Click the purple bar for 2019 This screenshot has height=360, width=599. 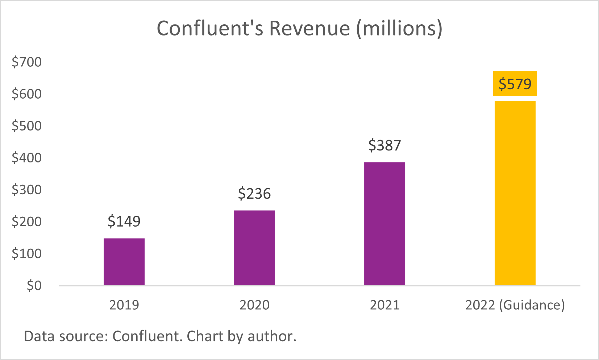pyautogui.click(x=124, y=262)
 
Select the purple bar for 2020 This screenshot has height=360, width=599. pyautogui.click(x=254, y=248)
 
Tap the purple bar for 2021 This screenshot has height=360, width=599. pyautogui.click(x=384, y=224)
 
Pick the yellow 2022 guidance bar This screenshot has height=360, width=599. pyautogui.click(x=515, y=193)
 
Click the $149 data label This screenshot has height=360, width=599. pyautogui.click(x=124, y=221)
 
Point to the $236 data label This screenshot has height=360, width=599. pyautogui.click(x=254, y=194)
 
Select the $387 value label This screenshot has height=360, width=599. pyautogui.click(x=384, y=145)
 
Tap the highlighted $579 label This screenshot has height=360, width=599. pyautogui.click(x=515, y=84)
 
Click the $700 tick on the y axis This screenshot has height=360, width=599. pyautogui.click(x=27, y=62)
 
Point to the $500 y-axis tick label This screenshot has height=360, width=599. pyautogui.click(x=27, y=126)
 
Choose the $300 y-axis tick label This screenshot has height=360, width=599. pyautogui.click(x=27, y=190)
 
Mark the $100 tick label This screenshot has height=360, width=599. pyautogui.click(x=27, y=253)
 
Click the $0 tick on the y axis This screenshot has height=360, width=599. pyautogui.click(x=34, y=286)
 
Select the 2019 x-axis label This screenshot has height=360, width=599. pyautogui.click(x=124, y=305)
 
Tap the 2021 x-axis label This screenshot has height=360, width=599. pyautogui.click(x=384, y=305)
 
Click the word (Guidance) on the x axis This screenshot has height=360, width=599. pyautogui.click(x=532, y=305)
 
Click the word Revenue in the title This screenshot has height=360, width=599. pyautogui.click(x=309, y=28)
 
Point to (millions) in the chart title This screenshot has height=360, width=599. pyautogui.click(x=399, y=28)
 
